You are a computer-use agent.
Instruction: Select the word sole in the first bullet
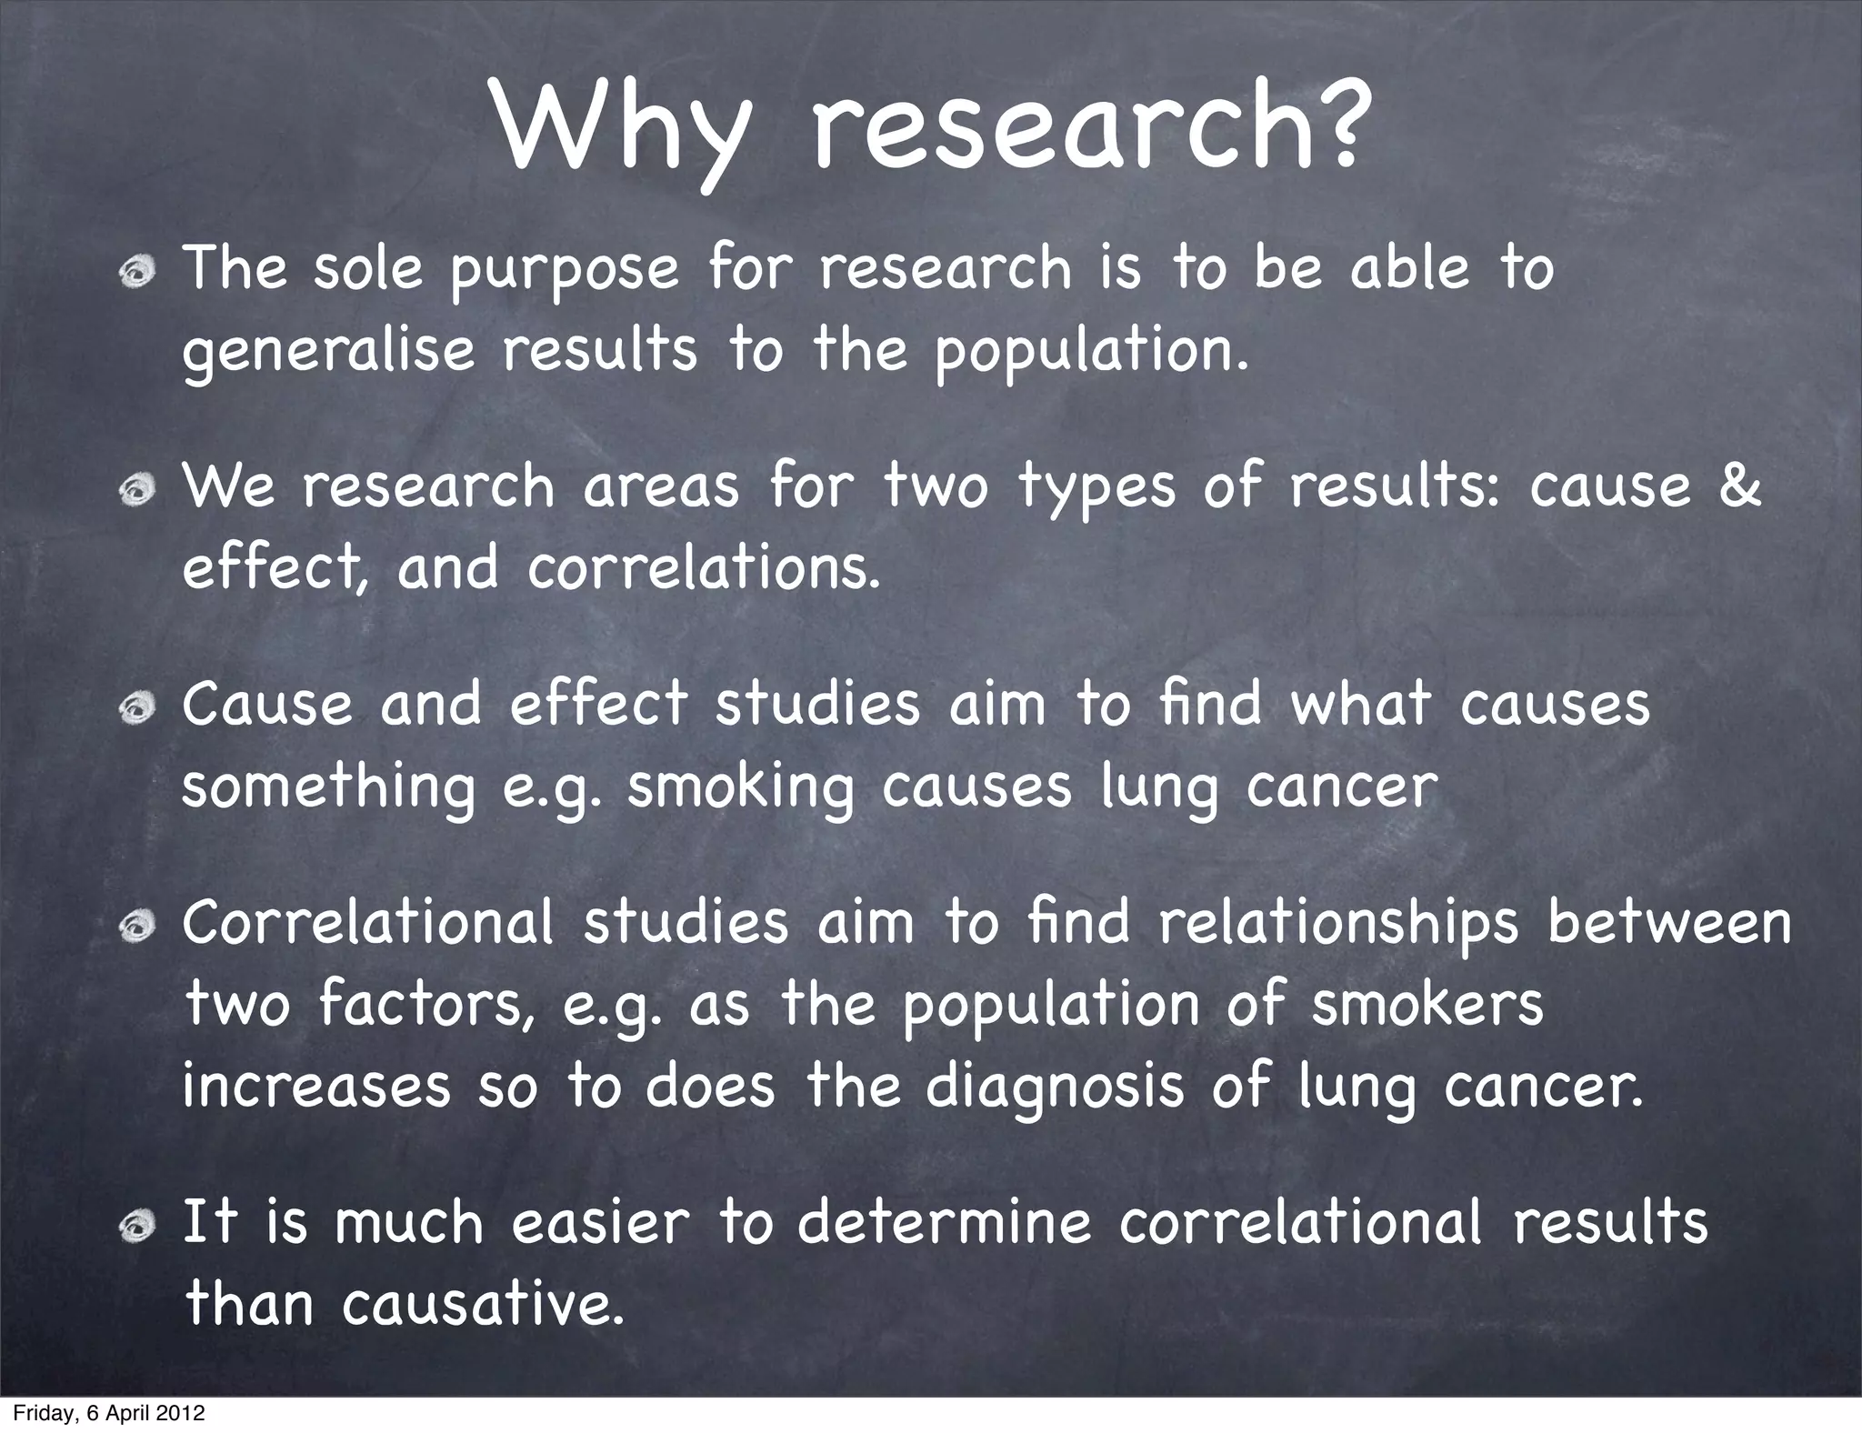(368, 269)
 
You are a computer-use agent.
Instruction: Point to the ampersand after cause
(1740, 485)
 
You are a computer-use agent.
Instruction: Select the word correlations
(704, 568)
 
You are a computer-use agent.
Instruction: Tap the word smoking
(741, 787)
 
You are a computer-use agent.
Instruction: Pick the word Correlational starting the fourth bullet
(367, 922)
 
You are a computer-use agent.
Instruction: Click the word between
(1669, 922)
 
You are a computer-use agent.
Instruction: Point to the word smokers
(1427, 1004)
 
